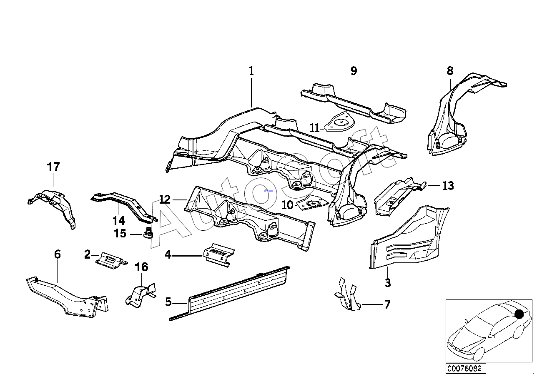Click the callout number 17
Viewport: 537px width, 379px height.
pos(53,167)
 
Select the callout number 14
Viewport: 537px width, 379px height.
pos(118,220)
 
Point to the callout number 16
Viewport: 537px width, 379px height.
pos(142,267)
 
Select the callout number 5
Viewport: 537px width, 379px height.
pos(168,302)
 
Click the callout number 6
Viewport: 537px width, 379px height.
pos(58,254)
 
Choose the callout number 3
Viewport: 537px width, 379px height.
pos(388,283)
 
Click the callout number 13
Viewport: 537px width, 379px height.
pos(448,185)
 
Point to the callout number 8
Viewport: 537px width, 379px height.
pos(449,71)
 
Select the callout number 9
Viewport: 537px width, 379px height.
pos(354,71)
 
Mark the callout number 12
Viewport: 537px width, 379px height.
pos(165,199)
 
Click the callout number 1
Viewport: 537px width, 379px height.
pos(251,71)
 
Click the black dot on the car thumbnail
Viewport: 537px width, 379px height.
pos(519,314)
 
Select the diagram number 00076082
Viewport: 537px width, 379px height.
pos(464,369)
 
